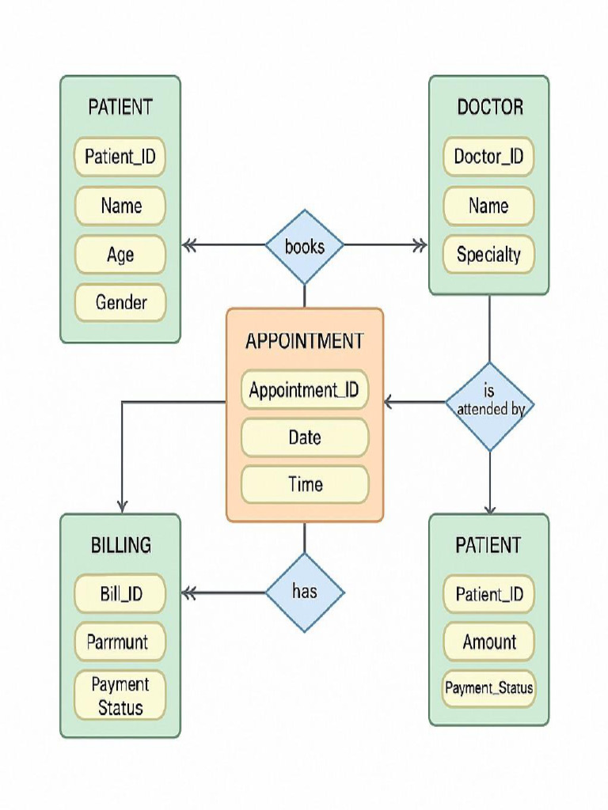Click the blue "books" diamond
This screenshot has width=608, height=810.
305,246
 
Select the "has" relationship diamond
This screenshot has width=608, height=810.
305,591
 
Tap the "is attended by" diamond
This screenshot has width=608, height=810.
489,407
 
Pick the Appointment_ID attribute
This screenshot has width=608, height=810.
304,390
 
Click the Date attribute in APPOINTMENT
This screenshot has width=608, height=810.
304,437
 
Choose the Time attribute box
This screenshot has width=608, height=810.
304,485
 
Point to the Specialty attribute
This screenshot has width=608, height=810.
488,255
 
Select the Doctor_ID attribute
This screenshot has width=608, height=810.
488,157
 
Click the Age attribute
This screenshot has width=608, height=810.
120,255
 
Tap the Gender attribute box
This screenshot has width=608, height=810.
120,302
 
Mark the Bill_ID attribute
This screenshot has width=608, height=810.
120,594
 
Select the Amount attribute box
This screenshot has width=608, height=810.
488,642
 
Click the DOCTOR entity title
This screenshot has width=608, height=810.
489,108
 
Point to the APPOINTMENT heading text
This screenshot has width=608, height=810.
304,341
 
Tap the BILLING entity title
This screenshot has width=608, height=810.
120,545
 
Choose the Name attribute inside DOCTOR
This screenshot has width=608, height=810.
488,206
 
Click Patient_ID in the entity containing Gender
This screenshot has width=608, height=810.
120,157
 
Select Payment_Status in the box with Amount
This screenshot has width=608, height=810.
488,688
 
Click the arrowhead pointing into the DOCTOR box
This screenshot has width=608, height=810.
420,245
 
